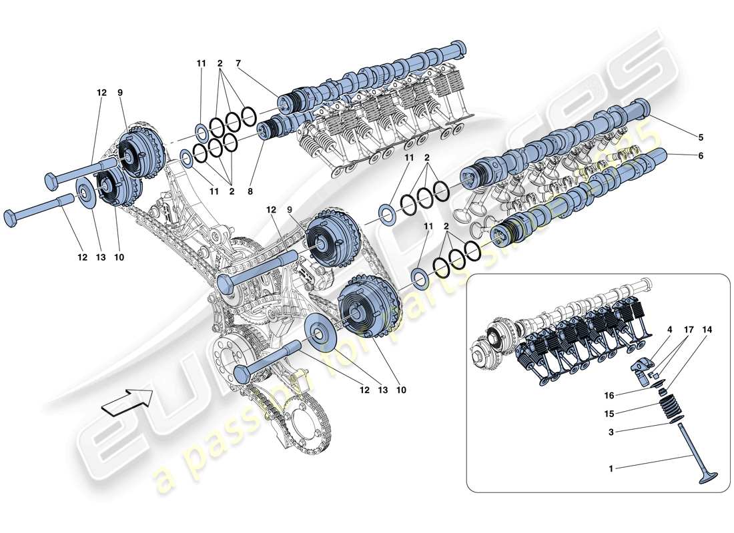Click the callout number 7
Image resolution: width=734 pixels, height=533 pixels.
[238, 63]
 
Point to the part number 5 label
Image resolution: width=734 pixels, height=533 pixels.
[701, 138]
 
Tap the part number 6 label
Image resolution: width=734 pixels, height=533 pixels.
[701, 156]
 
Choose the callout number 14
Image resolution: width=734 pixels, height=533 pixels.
[707, 329]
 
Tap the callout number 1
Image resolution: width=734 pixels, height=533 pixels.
[611, 469]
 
